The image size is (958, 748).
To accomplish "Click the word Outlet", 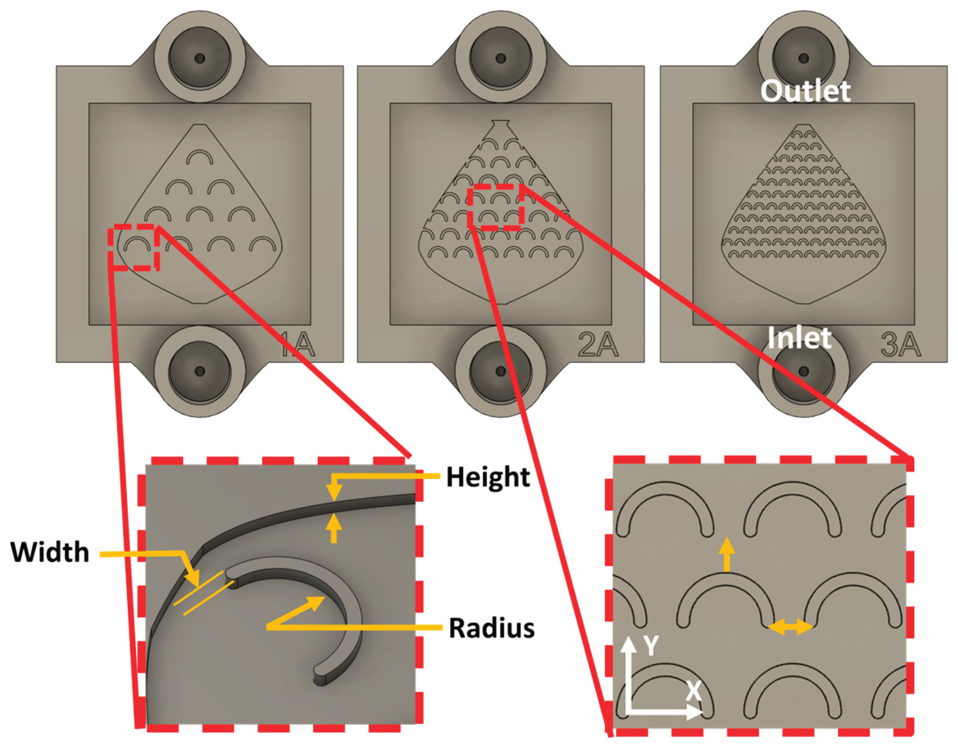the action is [x=805, y=91].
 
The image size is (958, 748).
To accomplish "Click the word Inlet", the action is [x=799, y=337].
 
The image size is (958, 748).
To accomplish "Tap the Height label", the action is [x=488, y=477].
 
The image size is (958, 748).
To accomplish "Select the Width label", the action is [x=50, y=552].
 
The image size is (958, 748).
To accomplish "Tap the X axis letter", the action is [x=693, y=691].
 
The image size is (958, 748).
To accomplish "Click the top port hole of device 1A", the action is [x=199, y=58].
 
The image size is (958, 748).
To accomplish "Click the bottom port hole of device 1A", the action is [x=199, y=371].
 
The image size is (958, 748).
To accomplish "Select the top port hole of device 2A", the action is [x=500, y=58].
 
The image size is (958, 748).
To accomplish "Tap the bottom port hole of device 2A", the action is [x=500, y=371].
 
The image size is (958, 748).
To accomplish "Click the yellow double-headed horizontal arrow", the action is [x=790, y=627].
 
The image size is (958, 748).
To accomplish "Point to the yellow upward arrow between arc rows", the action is [x=727, y=555].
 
